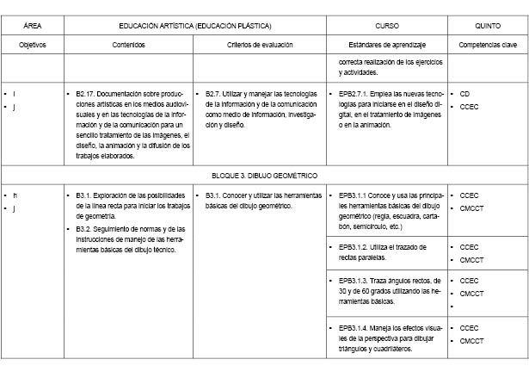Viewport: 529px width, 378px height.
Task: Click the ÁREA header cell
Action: coord(33,26)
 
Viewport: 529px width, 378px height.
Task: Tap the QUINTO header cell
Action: coord(487,26)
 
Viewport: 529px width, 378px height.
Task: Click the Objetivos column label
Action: coord(33,44)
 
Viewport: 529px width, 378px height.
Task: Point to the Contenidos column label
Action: coord(128,44)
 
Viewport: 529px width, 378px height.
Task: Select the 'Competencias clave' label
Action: coord(487,44)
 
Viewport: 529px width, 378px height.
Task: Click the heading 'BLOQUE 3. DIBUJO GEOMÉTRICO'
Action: coord(264,175)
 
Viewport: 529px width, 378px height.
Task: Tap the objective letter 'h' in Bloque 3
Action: coord(15,196)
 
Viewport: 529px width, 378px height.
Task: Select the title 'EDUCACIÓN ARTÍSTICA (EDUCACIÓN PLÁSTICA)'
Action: coord(196,26)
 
